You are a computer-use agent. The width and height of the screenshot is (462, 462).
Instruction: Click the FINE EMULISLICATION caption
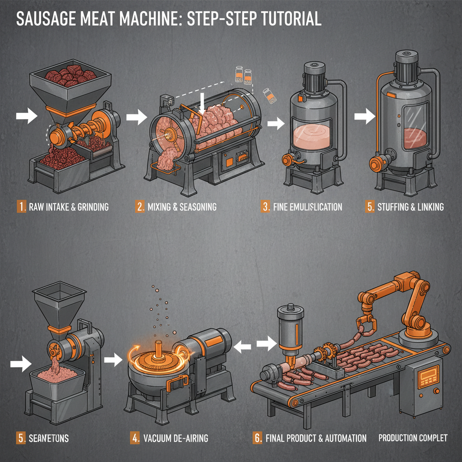pyautogui.click(x=307, y=207)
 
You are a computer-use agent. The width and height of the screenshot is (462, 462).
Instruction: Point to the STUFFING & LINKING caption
pyautogui.click(x=410, y=207)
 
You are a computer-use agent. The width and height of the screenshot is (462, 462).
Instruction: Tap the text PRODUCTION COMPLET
pyautogui.click(x=412, y=437)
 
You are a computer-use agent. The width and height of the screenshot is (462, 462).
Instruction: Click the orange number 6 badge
pyautogui.click(x=257, y=437)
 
